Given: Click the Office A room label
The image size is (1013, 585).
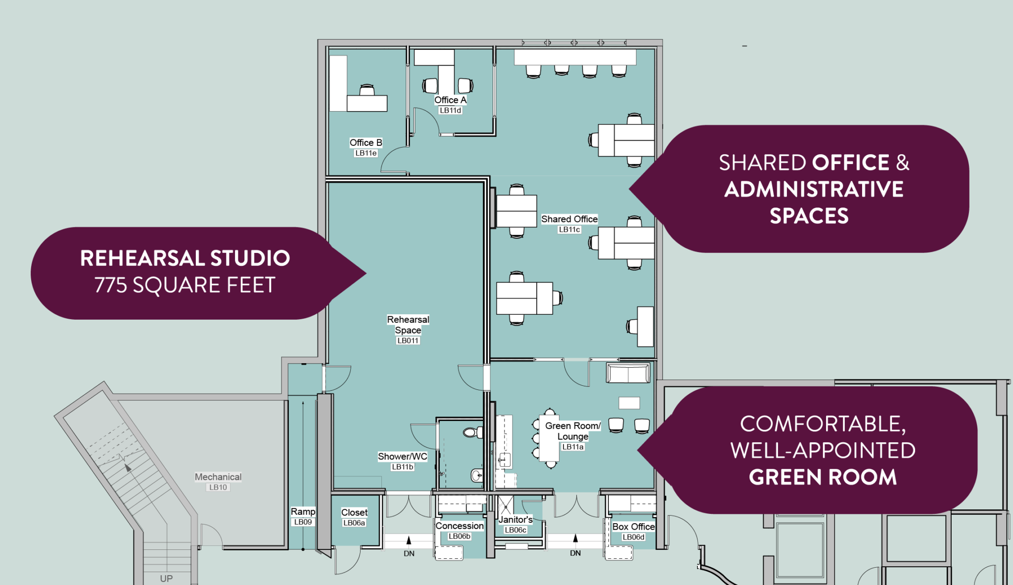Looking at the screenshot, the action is (450, 100).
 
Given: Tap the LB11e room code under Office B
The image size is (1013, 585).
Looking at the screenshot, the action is (366, 153).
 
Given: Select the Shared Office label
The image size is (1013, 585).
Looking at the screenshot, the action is (569, 219).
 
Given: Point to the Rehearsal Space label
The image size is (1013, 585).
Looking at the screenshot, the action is (408, 325).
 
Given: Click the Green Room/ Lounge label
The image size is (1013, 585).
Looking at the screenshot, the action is (573, 431).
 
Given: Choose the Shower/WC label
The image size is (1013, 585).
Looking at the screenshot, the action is (402, 457).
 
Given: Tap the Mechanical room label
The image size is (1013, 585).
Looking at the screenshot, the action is (218, 477).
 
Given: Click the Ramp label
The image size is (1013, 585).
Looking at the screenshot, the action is (303, 511).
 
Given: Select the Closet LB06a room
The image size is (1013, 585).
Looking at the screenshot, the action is (355, 517).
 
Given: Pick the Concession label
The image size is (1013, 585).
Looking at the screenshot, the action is (460, 526).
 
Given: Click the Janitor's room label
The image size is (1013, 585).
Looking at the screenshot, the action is (515, 519).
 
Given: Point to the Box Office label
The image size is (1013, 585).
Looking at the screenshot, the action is (634, 527).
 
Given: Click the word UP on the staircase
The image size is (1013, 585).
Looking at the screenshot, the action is (166, 579).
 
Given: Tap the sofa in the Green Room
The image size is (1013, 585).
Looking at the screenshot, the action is (628, 373).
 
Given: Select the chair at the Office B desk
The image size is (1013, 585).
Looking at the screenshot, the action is (367, 90).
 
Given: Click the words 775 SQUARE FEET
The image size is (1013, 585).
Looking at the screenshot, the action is (185, 285).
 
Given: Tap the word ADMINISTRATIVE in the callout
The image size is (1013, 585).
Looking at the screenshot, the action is (814, 189).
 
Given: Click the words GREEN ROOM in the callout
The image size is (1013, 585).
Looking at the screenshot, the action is (823, 477).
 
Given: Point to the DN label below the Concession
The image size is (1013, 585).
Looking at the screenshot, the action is (409, 553).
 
